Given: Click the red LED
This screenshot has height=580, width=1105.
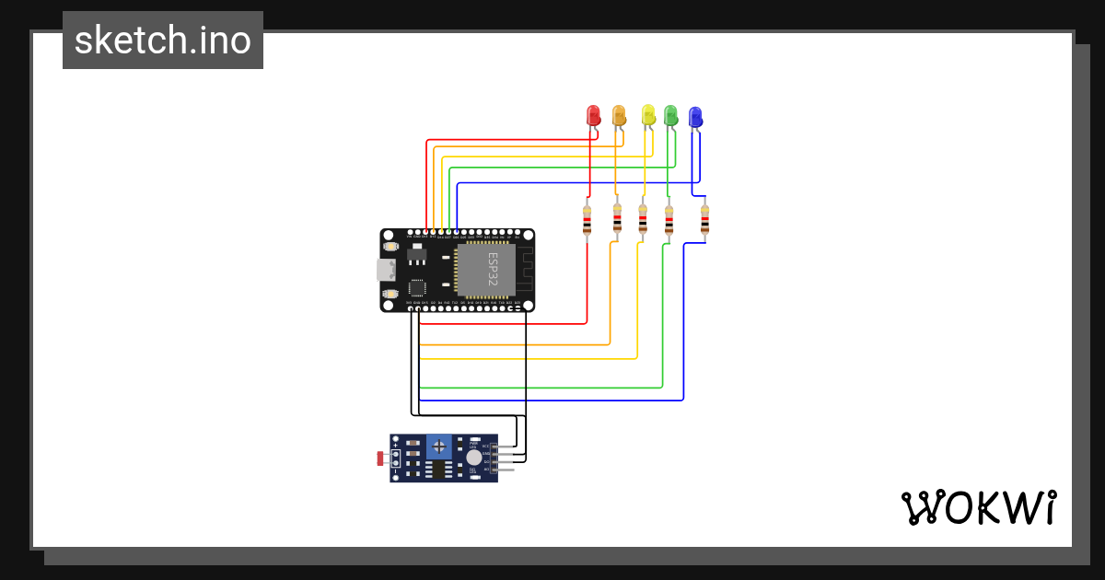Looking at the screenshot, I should pos(594,115).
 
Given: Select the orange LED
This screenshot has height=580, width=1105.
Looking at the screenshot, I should pos(619,115).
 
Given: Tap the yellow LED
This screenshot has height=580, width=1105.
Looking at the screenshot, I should pos(648,114).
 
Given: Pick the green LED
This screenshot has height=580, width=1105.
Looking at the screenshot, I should pos(670,115).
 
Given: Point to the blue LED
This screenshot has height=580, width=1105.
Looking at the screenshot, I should pos(696,116).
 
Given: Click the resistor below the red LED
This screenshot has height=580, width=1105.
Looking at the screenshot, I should pos(587,221).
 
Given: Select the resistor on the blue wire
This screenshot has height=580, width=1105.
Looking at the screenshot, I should pos(704,221).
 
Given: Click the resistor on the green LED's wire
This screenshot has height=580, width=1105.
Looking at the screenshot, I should pos(669,221).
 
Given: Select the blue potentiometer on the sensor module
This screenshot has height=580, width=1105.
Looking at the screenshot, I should pos(439,447).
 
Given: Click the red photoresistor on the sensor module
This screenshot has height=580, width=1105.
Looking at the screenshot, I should pos(379,458).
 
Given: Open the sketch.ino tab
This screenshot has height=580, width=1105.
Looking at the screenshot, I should pos(163,41).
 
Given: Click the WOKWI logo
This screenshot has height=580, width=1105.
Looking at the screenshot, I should pos(978,507).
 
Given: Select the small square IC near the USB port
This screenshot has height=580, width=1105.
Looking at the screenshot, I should pos(417,286).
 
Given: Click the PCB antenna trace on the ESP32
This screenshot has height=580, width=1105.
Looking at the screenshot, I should pos(523,269).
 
